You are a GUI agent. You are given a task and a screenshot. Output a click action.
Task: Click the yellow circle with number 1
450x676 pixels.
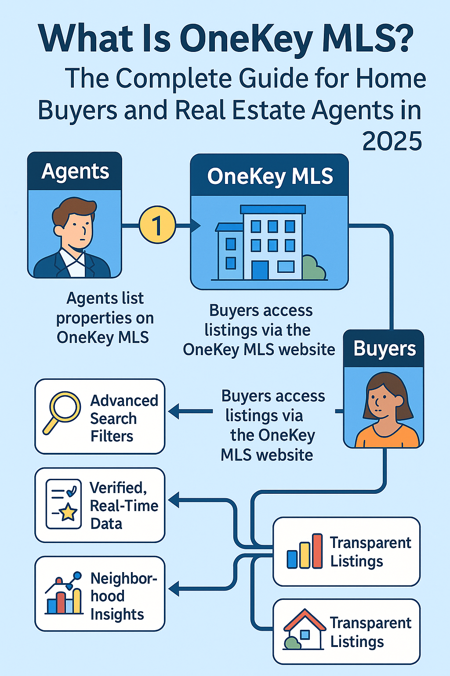(x=157, y=225)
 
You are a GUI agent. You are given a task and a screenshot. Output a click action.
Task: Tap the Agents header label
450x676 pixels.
(x=75, y=171)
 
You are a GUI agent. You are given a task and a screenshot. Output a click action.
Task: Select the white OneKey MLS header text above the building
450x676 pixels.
(x=270, y=176)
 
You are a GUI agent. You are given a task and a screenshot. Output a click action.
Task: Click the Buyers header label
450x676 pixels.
(x=385, y=349)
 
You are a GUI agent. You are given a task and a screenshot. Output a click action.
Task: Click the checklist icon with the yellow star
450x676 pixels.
(x=64, y=504)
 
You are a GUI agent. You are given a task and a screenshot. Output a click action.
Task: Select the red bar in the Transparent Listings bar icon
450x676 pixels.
(x=317, y=551)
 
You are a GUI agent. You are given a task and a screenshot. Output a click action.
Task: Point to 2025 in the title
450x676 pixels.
(x=392, y=142)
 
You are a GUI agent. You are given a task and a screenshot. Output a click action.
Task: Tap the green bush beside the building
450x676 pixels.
(x=313, y=268)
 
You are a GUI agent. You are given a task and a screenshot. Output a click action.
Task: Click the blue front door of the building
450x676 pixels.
(x=260, y=270)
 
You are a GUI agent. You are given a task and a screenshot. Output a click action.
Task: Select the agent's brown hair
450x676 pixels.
(x=74, y=209)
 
